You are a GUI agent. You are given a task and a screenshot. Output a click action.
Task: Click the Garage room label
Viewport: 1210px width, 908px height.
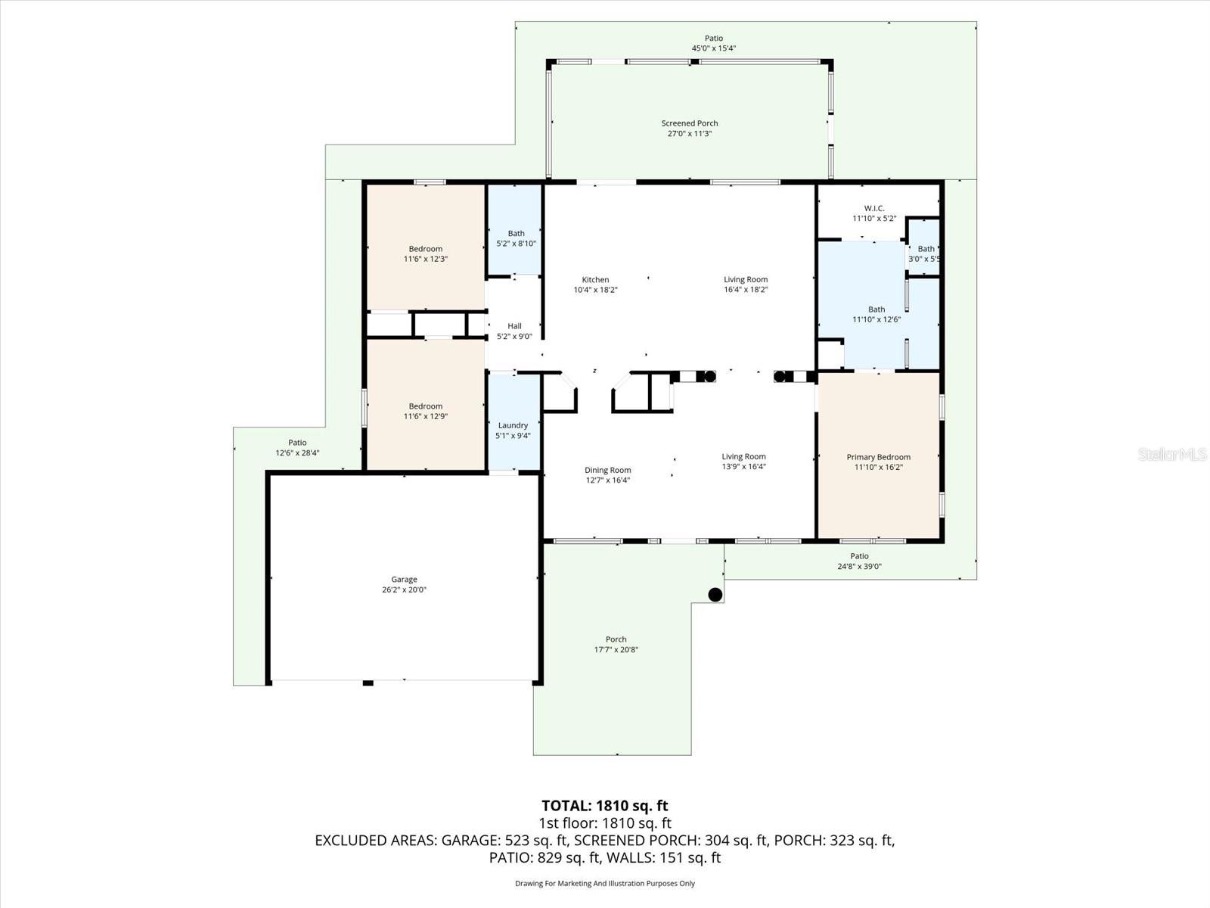(404, 580)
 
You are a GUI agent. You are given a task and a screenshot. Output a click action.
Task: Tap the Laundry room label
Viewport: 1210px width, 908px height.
(513, 425)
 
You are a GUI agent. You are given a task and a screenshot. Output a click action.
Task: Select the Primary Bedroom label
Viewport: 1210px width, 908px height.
(878, 457)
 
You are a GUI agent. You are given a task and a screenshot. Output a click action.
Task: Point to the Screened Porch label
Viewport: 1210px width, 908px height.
(689, 123)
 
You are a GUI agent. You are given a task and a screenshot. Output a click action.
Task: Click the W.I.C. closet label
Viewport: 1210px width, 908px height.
(874, 208)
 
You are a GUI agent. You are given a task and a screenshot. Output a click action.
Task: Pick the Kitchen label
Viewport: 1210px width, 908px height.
(595, 280)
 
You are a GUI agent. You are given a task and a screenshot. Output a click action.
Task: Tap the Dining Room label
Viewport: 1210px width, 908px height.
(607, 470)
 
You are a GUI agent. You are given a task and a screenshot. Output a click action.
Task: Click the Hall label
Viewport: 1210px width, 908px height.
(514, 326)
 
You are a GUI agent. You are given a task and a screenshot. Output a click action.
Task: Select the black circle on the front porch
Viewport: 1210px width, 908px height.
(715, 594)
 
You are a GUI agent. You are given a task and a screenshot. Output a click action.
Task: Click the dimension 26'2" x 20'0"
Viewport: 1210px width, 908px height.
(404, 590)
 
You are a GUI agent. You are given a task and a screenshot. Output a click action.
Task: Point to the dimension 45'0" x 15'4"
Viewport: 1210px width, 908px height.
(713, 48)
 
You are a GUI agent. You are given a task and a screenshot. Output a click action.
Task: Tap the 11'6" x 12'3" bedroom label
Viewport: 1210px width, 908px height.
(426, 253)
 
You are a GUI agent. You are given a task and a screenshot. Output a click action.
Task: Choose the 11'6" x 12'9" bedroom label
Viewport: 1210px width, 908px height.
(426, 411)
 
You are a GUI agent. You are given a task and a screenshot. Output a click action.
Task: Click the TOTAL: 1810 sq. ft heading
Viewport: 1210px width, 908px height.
(604, 806)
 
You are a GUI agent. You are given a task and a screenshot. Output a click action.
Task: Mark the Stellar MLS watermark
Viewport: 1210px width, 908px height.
(1172, 455)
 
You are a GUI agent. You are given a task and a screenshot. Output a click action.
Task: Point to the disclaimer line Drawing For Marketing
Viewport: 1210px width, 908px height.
(604, 883)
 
